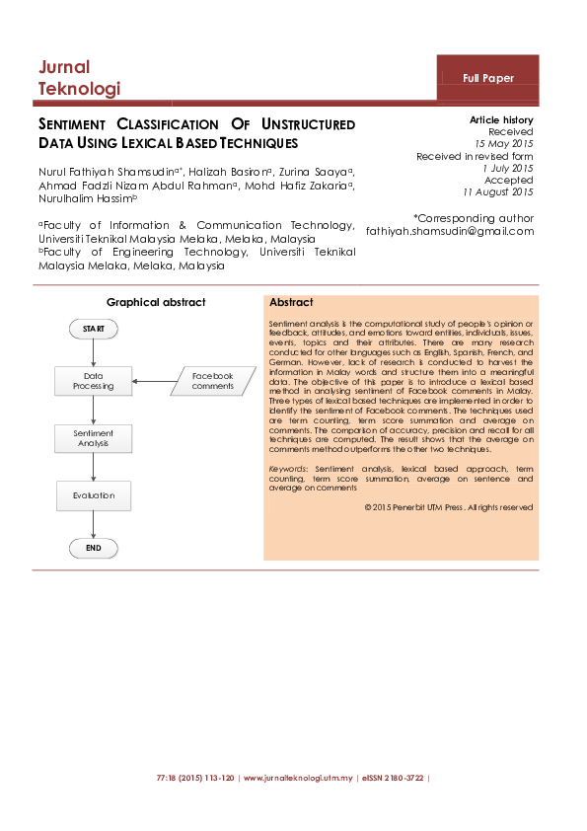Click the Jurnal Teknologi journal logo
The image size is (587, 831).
(79, 78)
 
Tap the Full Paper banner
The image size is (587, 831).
(488, 78)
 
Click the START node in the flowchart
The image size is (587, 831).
(94, 328)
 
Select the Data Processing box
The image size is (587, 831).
(94, 381)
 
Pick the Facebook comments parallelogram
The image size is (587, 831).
(212, 381)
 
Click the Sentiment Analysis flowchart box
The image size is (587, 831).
(94, 439)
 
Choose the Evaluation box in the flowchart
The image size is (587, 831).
(94, 495)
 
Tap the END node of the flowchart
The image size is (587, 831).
(94, 548)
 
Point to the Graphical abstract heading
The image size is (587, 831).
(156, 302)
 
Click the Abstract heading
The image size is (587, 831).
(291, 303)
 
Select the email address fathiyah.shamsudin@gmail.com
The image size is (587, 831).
(449, 231)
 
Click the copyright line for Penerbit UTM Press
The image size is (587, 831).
(448, 507)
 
